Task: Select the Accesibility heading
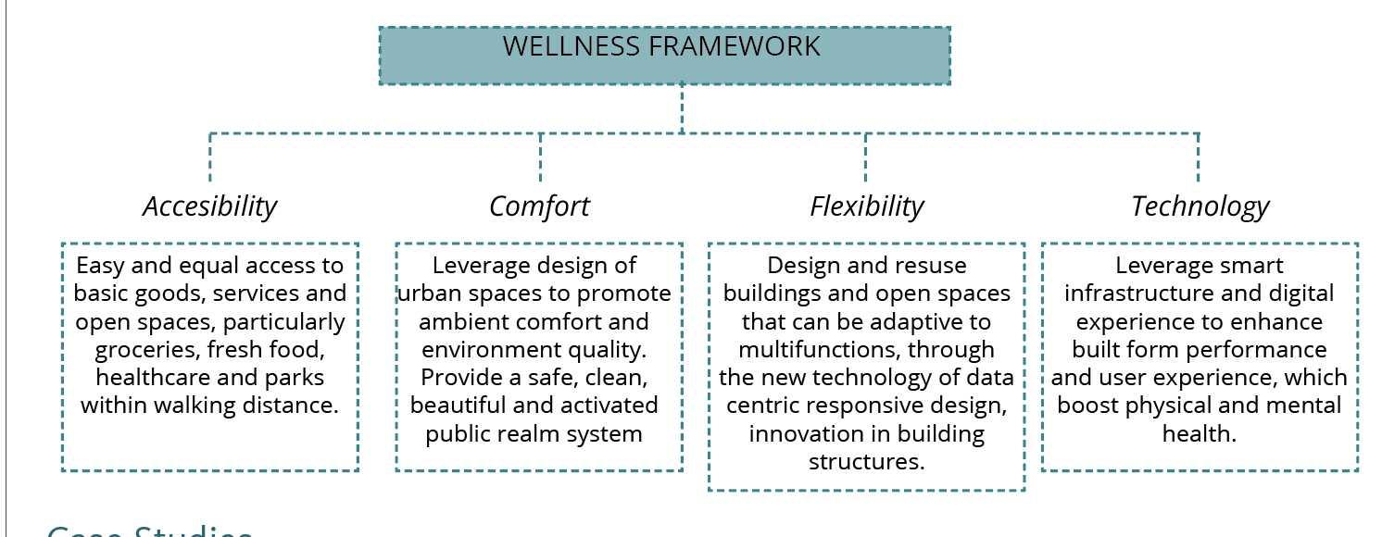pos(210,206)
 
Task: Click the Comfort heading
pos(539,206)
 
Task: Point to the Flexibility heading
pos(867,206)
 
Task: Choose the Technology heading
pos(1200,206)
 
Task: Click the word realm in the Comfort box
pos(534,433)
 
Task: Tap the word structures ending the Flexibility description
pos(867,461)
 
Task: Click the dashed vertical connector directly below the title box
pos(683,107)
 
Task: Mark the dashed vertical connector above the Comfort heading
pos(540,157)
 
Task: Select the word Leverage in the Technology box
pos(1160,266)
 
